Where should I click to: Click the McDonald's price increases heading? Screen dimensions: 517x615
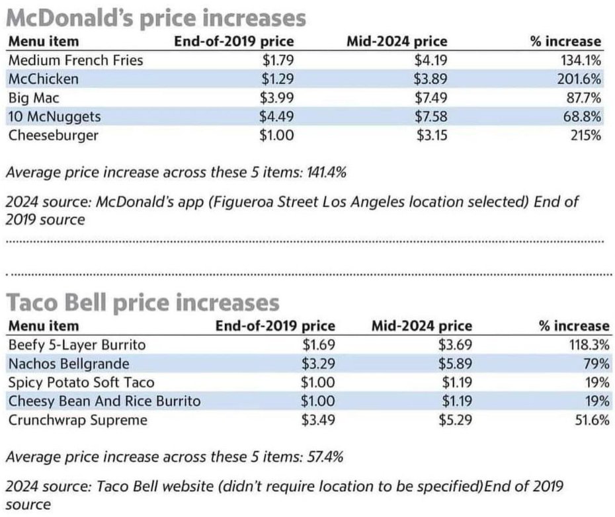156,17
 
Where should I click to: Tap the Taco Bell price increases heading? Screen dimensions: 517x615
143,303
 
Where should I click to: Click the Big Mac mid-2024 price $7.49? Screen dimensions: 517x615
431,99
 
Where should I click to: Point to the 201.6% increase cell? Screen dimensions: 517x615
581,79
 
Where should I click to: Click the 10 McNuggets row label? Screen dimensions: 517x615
54,117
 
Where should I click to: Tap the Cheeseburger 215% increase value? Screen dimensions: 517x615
587,136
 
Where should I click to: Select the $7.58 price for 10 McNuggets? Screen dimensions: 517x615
431,117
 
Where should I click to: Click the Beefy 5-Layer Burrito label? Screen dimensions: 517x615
77,344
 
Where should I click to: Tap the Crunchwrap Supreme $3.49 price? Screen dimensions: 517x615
319,420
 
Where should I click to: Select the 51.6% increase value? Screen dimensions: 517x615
592,420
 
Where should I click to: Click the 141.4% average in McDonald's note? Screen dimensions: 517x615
325,173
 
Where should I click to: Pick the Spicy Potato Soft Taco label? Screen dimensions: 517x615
81,382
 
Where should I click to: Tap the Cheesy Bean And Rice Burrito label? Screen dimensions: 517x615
104,401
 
